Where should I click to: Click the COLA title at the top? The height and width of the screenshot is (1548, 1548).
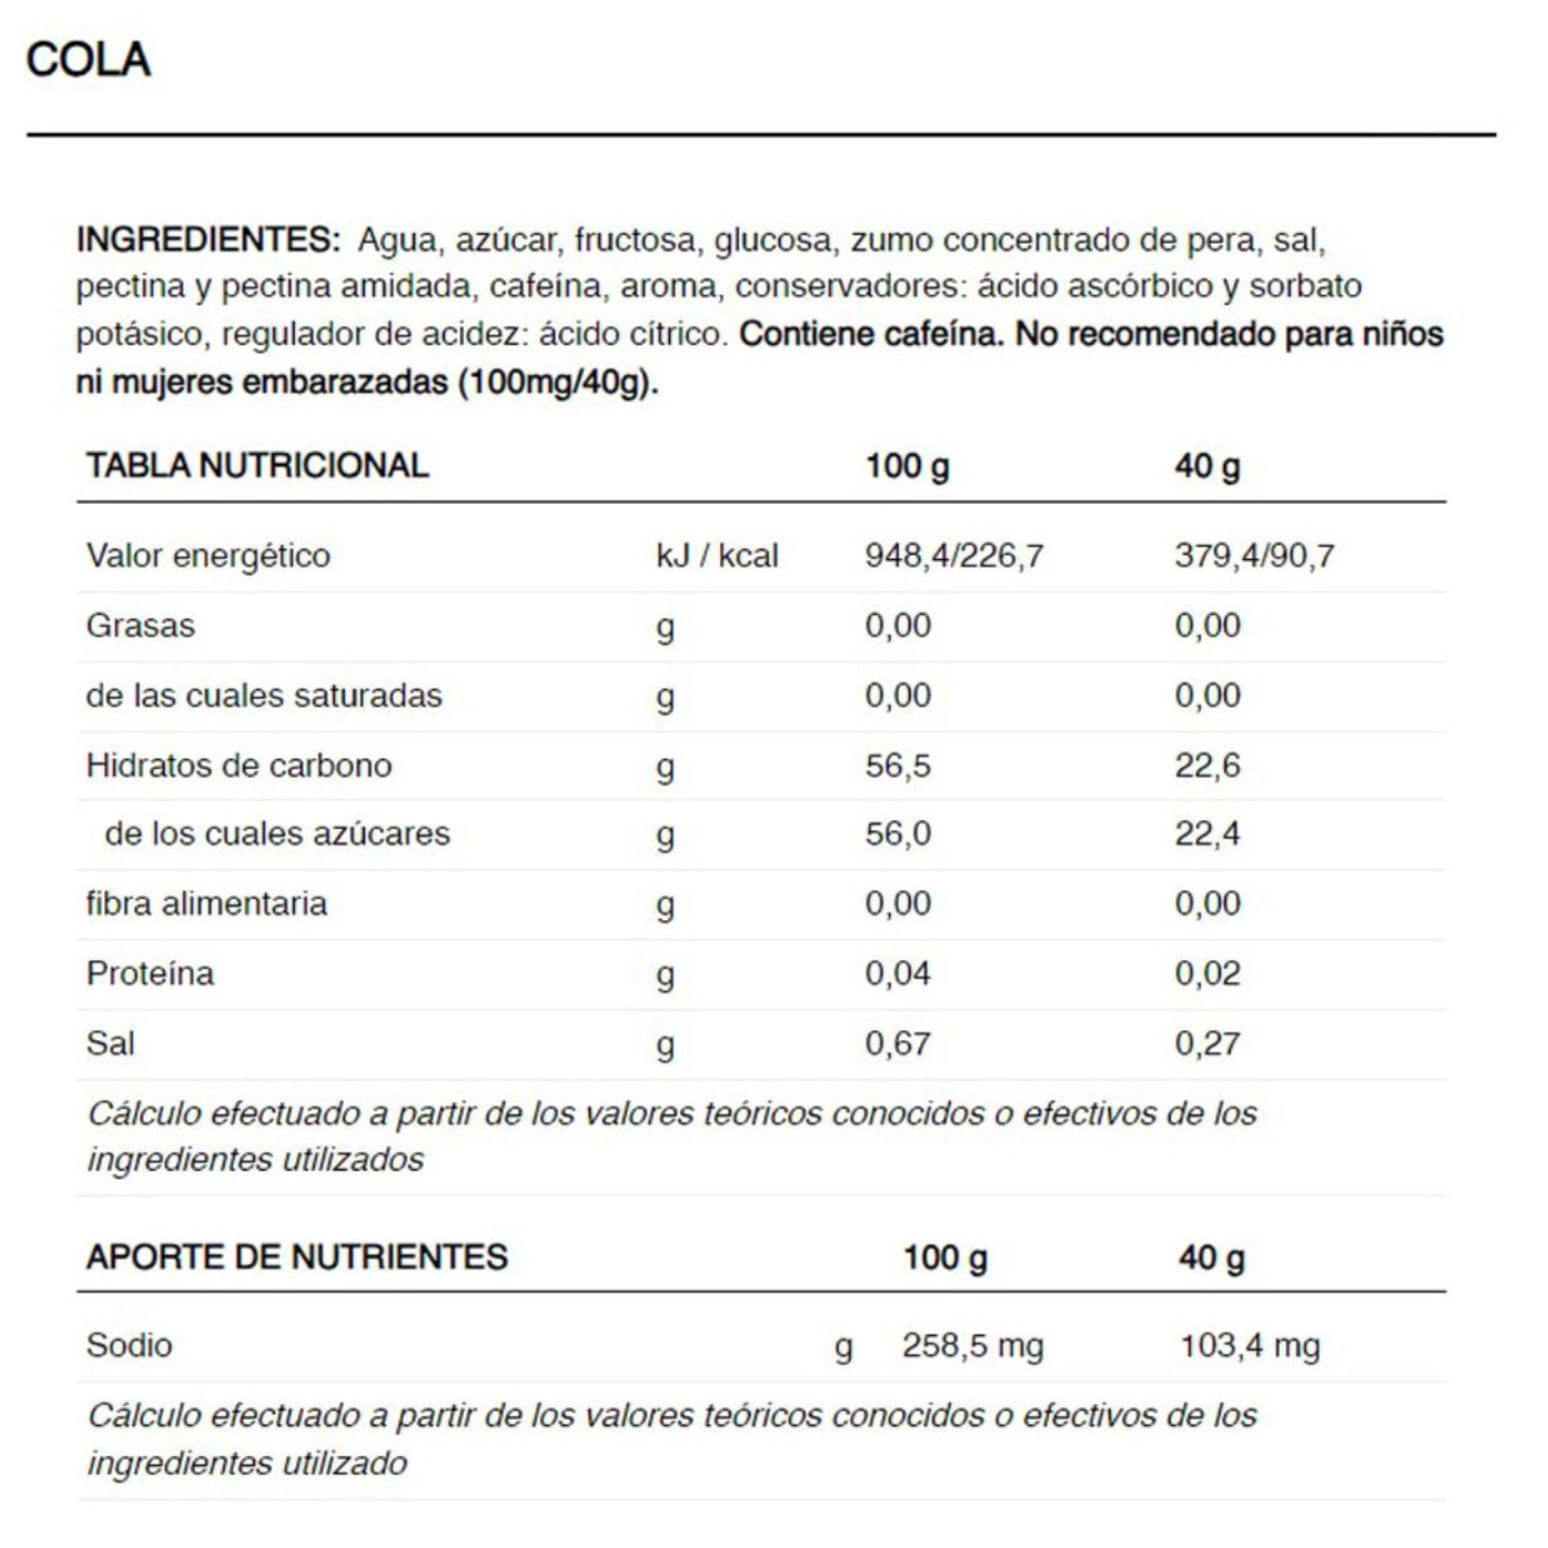(88, 60)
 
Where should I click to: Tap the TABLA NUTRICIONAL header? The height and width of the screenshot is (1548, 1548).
(257, 465)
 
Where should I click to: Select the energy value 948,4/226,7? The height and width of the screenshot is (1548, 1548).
(954, 556)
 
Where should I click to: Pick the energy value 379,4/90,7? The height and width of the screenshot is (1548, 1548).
(1254, 556)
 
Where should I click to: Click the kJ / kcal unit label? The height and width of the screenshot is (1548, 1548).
(716, 556)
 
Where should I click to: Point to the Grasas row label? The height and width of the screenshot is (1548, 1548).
(140, 625)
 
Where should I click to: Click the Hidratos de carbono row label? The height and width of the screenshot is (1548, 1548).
(239, 765)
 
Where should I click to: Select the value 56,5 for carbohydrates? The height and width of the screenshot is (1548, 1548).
(898, 765)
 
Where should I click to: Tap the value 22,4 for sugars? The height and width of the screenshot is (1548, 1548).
(1207, 833)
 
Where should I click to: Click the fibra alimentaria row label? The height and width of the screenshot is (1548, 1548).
(206, 903)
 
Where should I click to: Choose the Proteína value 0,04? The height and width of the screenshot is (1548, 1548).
(898, 974)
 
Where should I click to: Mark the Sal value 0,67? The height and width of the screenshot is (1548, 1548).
(898, 1043)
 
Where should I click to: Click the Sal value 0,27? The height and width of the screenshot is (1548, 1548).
(1207, 1043)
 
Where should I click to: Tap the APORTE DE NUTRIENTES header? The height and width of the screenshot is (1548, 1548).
(297, 1256)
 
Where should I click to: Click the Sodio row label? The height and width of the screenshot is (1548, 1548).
(129, 1345)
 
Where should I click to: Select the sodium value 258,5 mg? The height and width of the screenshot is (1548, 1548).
(973, 1345)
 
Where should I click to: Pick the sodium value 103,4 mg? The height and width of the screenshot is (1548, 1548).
(1250, 1345)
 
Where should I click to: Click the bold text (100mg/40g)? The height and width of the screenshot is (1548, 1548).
(558, 382)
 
